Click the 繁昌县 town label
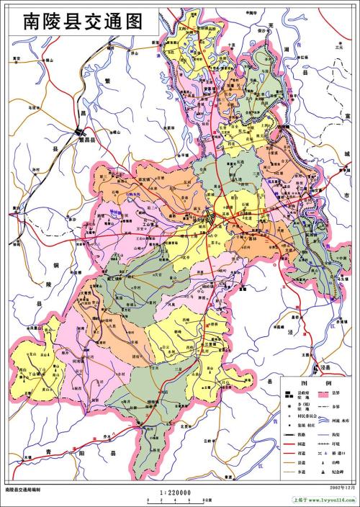pyautogui.click(x=87, y=140)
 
